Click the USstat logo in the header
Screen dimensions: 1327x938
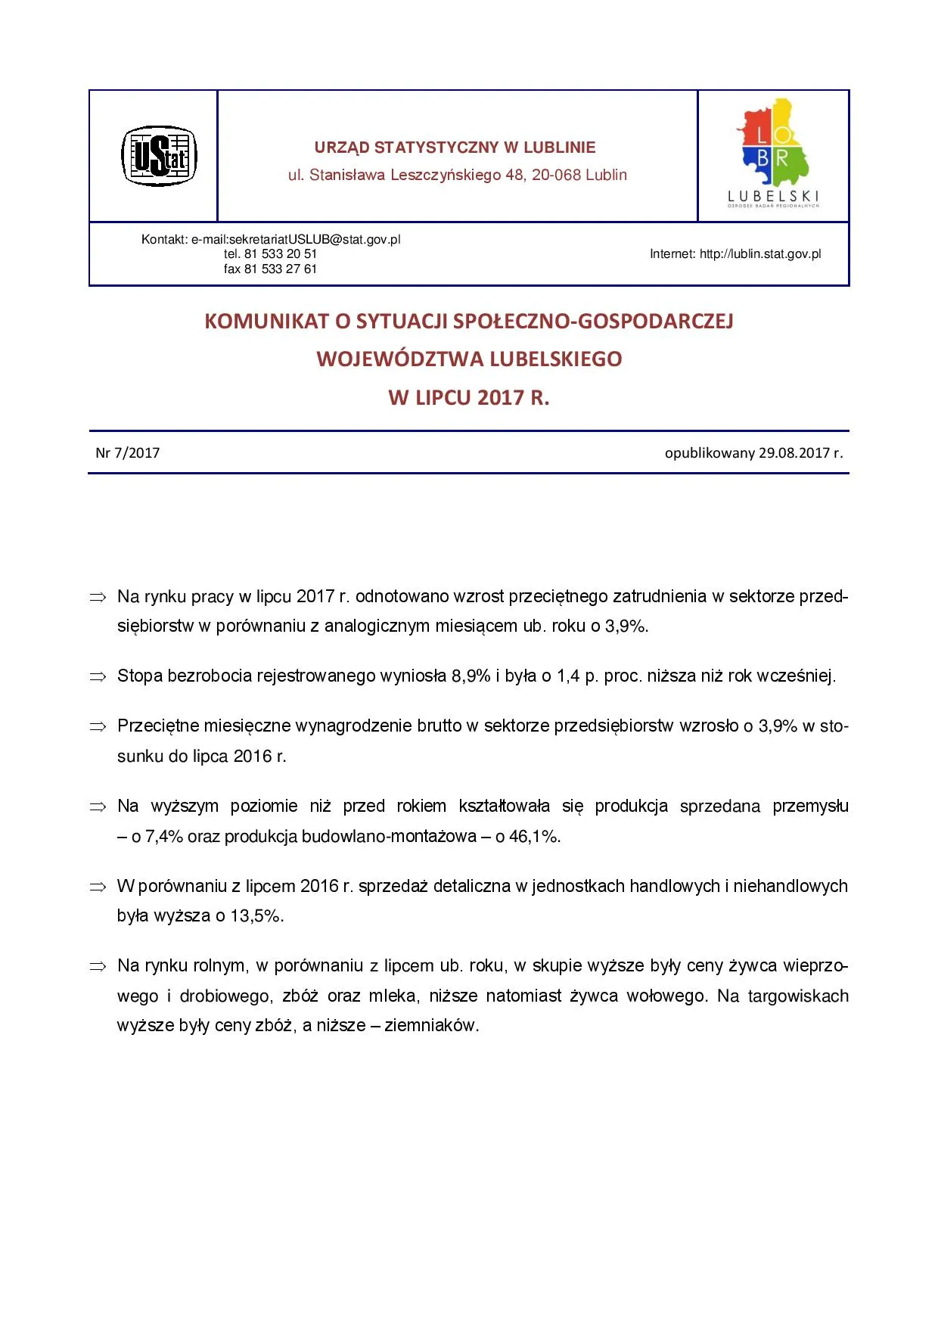pyautogui.click(x=159, y=156)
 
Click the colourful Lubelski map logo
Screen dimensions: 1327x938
pyautogui.click(x=774, y=151)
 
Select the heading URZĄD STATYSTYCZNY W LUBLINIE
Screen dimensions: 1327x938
pyautogui.click(x=455, y=148)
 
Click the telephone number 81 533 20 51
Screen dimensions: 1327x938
pyautogui.click(x=280, y=254)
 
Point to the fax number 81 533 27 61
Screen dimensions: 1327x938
pyautogui.click(x=280, y=269)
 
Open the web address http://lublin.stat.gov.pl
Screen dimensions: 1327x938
pyautogui.click(x=760, y=254)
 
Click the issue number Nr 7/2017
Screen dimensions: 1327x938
pyautogui.click(x=128, y=453)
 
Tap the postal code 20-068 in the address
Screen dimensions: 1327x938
pyautogui.click(x=556, y=175)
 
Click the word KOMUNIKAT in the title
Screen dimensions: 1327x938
pyautogui.click(x=266, y=322)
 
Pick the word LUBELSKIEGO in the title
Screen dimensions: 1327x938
pyautogui.click(x=556, y=359)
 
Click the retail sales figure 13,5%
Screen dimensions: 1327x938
pyautogui.click(x=256, y=916)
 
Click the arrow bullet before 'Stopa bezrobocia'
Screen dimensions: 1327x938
pyautogui.click(x=98, y=677)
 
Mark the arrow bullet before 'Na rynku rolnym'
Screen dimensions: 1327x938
pyautogui.click(x=98, y=967)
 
